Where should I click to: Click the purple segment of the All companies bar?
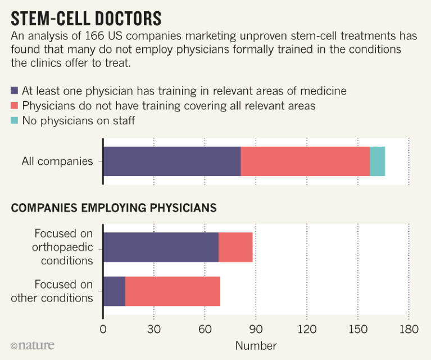[x=172, y=161]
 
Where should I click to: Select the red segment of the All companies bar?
[x=305, y=161]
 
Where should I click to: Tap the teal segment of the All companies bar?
[x=377, y=161]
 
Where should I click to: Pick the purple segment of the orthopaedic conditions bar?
[x=161, y=247]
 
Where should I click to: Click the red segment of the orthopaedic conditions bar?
[x=235, y=247]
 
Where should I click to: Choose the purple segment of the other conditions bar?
[x=114, y=291]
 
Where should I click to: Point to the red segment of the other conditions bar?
[x=173, y=291]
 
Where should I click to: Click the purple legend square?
[x=15, y=91]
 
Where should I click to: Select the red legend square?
[x=15, y=106]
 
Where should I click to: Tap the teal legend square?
[x=15, y=120]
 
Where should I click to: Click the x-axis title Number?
[x=256, y=345]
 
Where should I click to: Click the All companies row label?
[x=57, y=161]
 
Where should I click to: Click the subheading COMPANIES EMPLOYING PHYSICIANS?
[x=114, y=208]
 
